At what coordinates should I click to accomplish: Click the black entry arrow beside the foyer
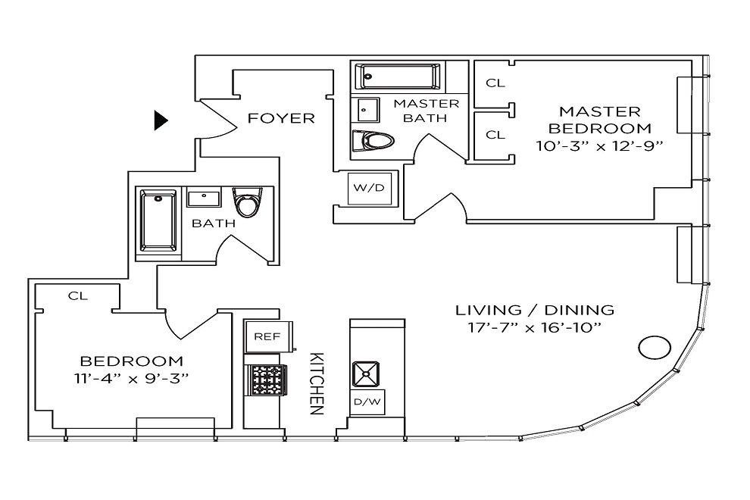pyautogui.click(x=160, y=120)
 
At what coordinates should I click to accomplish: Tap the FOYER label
pyautogui.click(x=281, y=118)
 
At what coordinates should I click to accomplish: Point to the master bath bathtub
pyautogui.click(x=398, y=76)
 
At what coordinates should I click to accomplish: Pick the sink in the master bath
pyautogui.click(x=368, y=108)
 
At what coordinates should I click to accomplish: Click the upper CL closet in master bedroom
pyautogui.click(x=495, y=83)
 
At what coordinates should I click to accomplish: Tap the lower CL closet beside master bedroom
pyautogui.click(x=495, y=135)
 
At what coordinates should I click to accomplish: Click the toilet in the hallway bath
pyautogui.click(x=246, y=201)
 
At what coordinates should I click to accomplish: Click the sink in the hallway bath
pyautogui.click(x=203, y=199)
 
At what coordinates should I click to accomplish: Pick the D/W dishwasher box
pyautogui.click(x=367, y=402)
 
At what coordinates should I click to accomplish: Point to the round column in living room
pyautogui.click(x=654, y=348)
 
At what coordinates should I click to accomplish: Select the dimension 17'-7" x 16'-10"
pyautogui.click(x=534, y=329)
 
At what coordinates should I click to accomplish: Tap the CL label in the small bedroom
pyautogui.click(x=77, y=295)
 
